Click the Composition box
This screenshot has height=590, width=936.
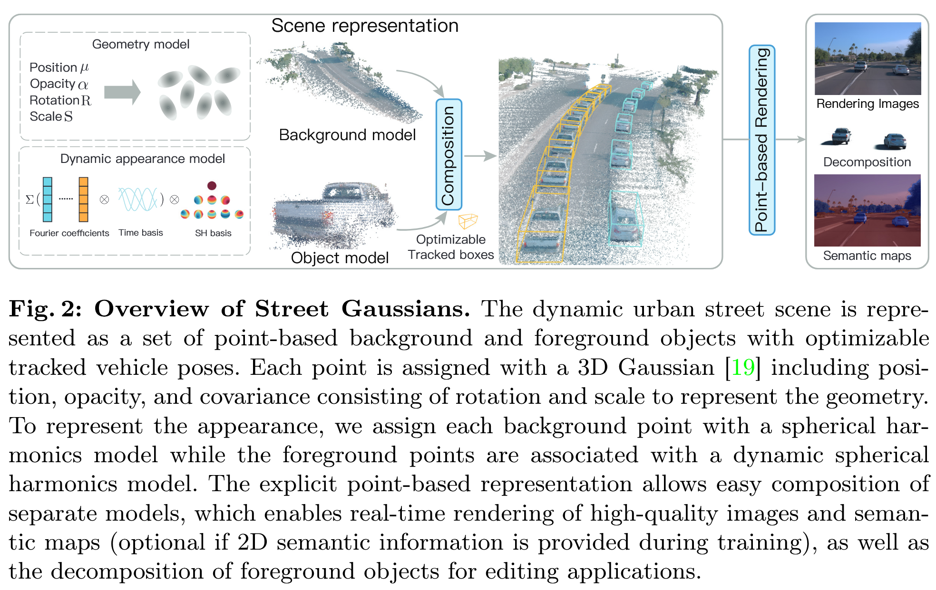pos(448,155)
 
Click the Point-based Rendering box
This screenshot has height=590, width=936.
pos(761,140)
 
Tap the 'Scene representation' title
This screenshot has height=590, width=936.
pos(365,26)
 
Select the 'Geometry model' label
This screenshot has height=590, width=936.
pos(141,44)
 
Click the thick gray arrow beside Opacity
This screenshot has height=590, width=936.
pos(122,92)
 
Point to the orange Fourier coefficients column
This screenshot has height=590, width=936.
pos(84,200)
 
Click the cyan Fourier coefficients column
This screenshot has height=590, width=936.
pos(48,200)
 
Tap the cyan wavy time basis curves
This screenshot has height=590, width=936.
pos(138,199)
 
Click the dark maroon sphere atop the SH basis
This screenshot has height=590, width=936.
pos(212,185)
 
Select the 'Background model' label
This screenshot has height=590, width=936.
pos(347,135)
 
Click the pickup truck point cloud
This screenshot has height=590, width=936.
pos(333,214)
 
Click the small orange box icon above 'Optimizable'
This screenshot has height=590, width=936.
pos(468,221)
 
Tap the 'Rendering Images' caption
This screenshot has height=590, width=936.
pos(867,104)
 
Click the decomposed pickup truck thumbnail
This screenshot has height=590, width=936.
pos(840,136)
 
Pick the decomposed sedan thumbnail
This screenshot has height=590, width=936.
pos(894,141)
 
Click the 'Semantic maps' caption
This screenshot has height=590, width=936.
pos(867,256)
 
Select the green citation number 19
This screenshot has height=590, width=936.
pos(742,368)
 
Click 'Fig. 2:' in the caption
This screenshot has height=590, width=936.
pos(45,309)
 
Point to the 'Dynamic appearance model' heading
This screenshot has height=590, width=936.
pos(142,159)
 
